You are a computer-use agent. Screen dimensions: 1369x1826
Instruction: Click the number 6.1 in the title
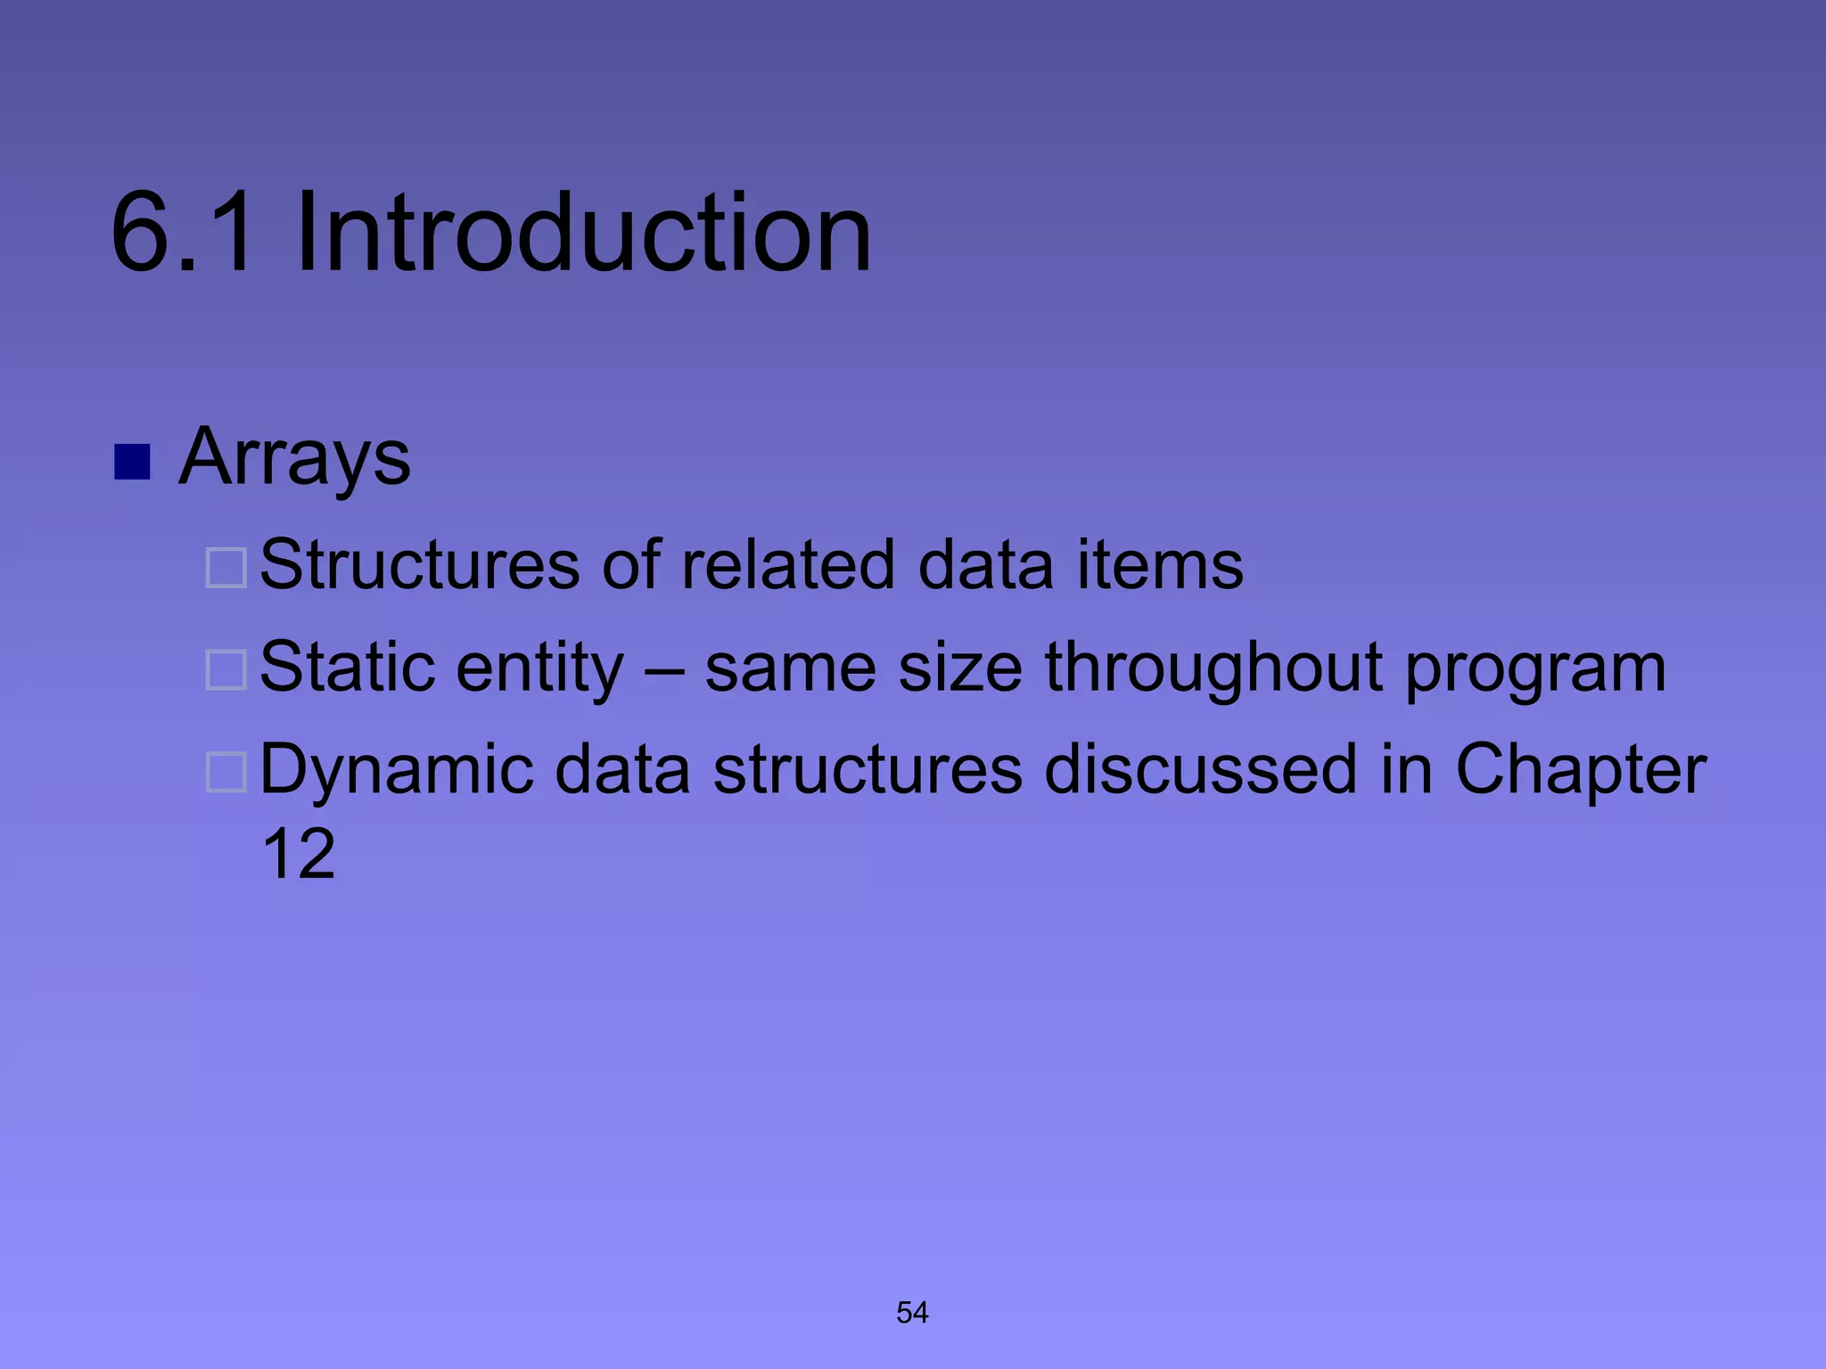click(x=182, y=234)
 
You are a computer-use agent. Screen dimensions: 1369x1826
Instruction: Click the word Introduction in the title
click(x=583, y=234)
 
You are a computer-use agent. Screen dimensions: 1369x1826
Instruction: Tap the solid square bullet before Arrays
click(x=132, y=462)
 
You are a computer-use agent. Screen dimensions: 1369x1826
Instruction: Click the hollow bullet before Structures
click(x=226, y=568)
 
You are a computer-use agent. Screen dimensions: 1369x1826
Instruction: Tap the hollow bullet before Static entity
click(x=226, y=670)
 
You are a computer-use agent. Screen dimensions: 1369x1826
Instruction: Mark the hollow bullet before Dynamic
click(x=226, y=772)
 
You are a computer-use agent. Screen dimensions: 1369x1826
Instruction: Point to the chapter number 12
click(x=299, y=854)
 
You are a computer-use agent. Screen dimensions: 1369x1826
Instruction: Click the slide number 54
click(x=912, y=1312)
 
